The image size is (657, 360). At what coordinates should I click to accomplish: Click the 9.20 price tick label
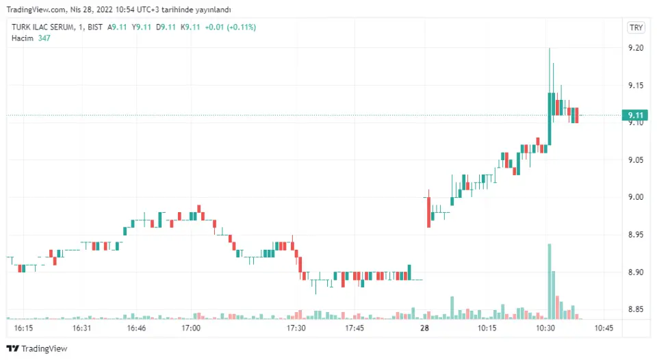[x=636, y=48]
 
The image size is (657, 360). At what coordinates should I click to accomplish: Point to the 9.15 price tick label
[x=636, y=86]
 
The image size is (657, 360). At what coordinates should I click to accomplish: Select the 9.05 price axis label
[x=636, y=160]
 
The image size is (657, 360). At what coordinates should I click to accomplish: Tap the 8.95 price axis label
[x=636, y=235]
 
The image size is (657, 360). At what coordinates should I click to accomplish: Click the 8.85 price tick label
[x=636, y=309]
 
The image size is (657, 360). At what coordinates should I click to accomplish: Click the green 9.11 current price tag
[x=636, y=115]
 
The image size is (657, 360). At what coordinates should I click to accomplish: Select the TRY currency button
[x=636, y=27]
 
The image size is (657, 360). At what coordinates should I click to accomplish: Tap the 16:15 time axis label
[x=23, y=329]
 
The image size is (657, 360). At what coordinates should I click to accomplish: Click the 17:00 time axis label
[x=191, y=329]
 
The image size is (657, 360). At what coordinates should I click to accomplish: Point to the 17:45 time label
[x=355, y=329]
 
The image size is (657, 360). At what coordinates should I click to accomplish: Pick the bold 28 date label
[x=425, y=329]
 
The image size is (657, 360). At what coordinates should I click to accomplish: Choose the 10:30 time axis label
[x=545, y=329]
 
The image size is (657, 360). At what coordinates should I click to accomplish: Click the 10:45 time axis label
[x=603, y=329]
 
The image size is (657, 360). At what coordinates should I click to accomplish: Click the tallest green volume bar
[x=549, y=281]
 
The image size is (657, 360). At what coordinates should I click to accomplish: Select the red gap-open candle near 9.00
[x=428, y=211]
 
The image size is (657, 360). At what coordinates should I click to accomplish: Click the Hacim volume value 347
[x=44, y=38]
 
